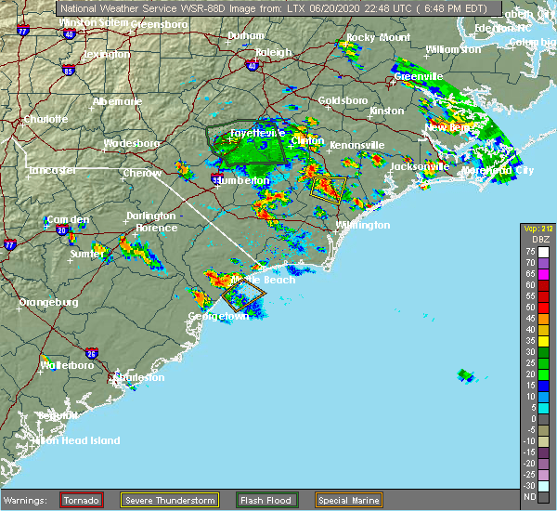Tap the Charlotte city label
pyautogui.click(x=45, y=119)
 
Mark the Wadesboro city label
pyautogui.click(x=132, y=143)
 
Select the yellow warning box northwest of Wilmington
pyautogui.click(x=329, y=189)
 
